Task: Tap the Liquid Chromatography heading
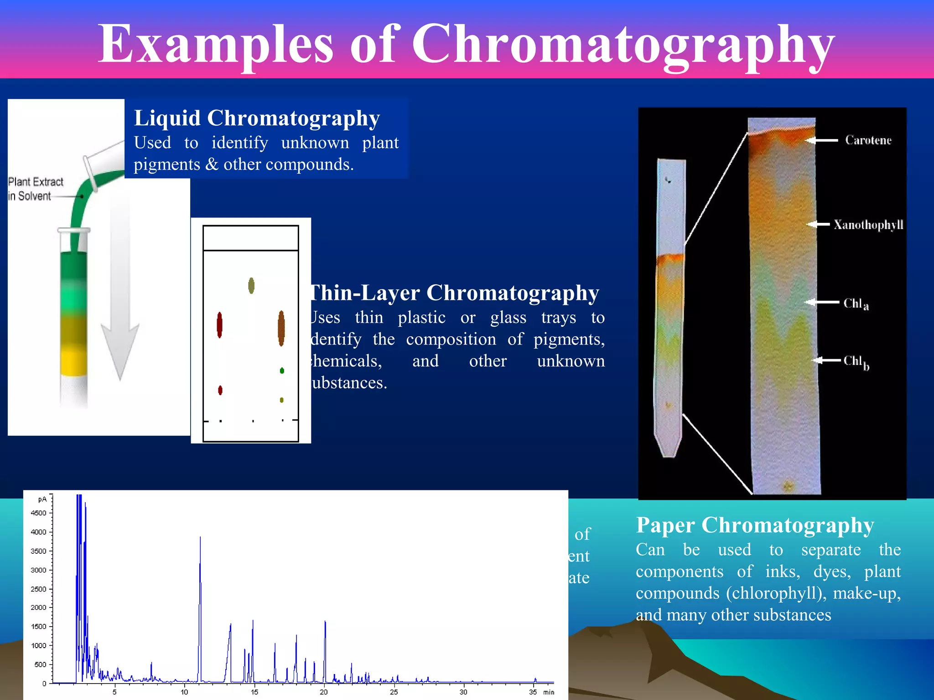[257, 118]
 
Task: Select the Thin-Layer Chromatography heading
[454, 293]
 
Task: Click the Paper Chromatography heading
[755, 525]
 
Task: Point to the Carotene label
[868, 140]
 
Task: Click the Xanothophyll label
[868, 225]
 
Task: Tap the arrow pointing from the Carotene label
[821, 140]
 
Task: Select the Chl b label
[856, 362]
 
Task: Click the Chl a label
[856, 304]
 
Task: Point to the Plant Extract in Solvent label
[35, 189]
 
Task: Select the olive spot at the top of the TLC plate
[251, 286]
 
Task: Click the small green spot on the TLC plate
[282, 371]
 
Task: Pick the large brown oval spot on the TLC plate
[281, 328]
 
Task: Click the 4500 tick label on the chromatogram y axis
[38, 513]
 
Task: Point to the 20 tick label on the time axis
[323, 692]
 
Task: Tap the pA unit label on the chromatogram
[42, 499]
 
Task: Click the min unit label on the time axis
[549, 692]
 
